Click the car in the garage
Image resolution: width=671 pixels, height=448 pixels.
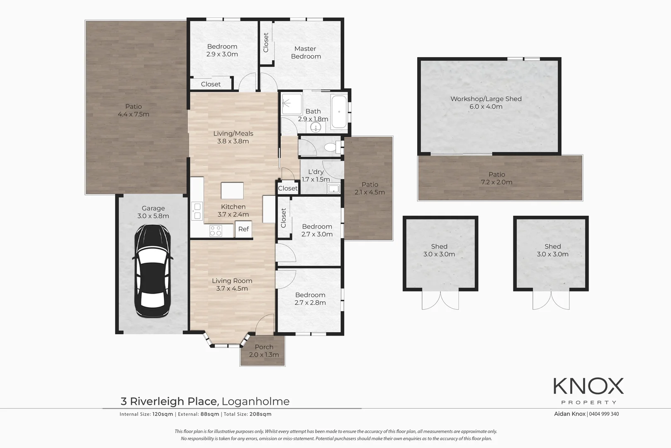pos(152,271)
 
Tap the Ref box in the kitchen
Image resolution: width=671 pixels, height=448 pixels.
pos(243,229)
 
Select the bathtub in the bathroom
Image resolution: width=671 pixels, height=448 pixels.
pos(339,112)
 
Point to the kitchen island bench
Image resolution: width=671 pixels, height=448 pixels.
pos(232,191)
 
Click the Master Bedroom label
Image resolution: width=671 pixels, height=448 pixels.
pos(306,53)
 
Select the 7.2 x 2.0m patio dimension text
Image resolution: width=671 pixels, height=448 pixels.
pos(496,182)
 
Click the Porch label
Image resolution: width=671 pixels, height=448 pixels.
pos(264,347)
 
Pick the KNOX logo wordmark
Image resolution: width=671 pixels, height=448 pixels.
pos(588,386)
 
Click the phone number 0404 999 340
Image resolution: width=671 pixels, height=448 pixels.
pos(604,414)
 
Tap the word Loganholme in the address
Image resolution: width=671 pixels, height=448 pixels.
pos(255,402)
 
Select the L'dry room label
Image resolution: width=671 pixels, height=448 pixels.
pos(316,172)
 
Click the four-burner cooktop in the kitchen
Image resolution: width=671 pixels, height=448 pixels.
pos(215,231)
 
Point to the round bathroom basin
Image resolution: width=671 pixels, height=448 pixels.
pos(316,127)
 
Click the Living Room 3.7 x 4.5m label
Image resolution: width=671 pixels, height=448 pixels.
pos(232,285)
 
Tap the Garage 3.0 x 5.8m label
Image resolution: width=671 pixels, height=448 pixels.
pos(153,212)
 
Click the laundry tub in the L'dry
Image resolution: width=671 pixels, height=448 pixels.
pos(333,189)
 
